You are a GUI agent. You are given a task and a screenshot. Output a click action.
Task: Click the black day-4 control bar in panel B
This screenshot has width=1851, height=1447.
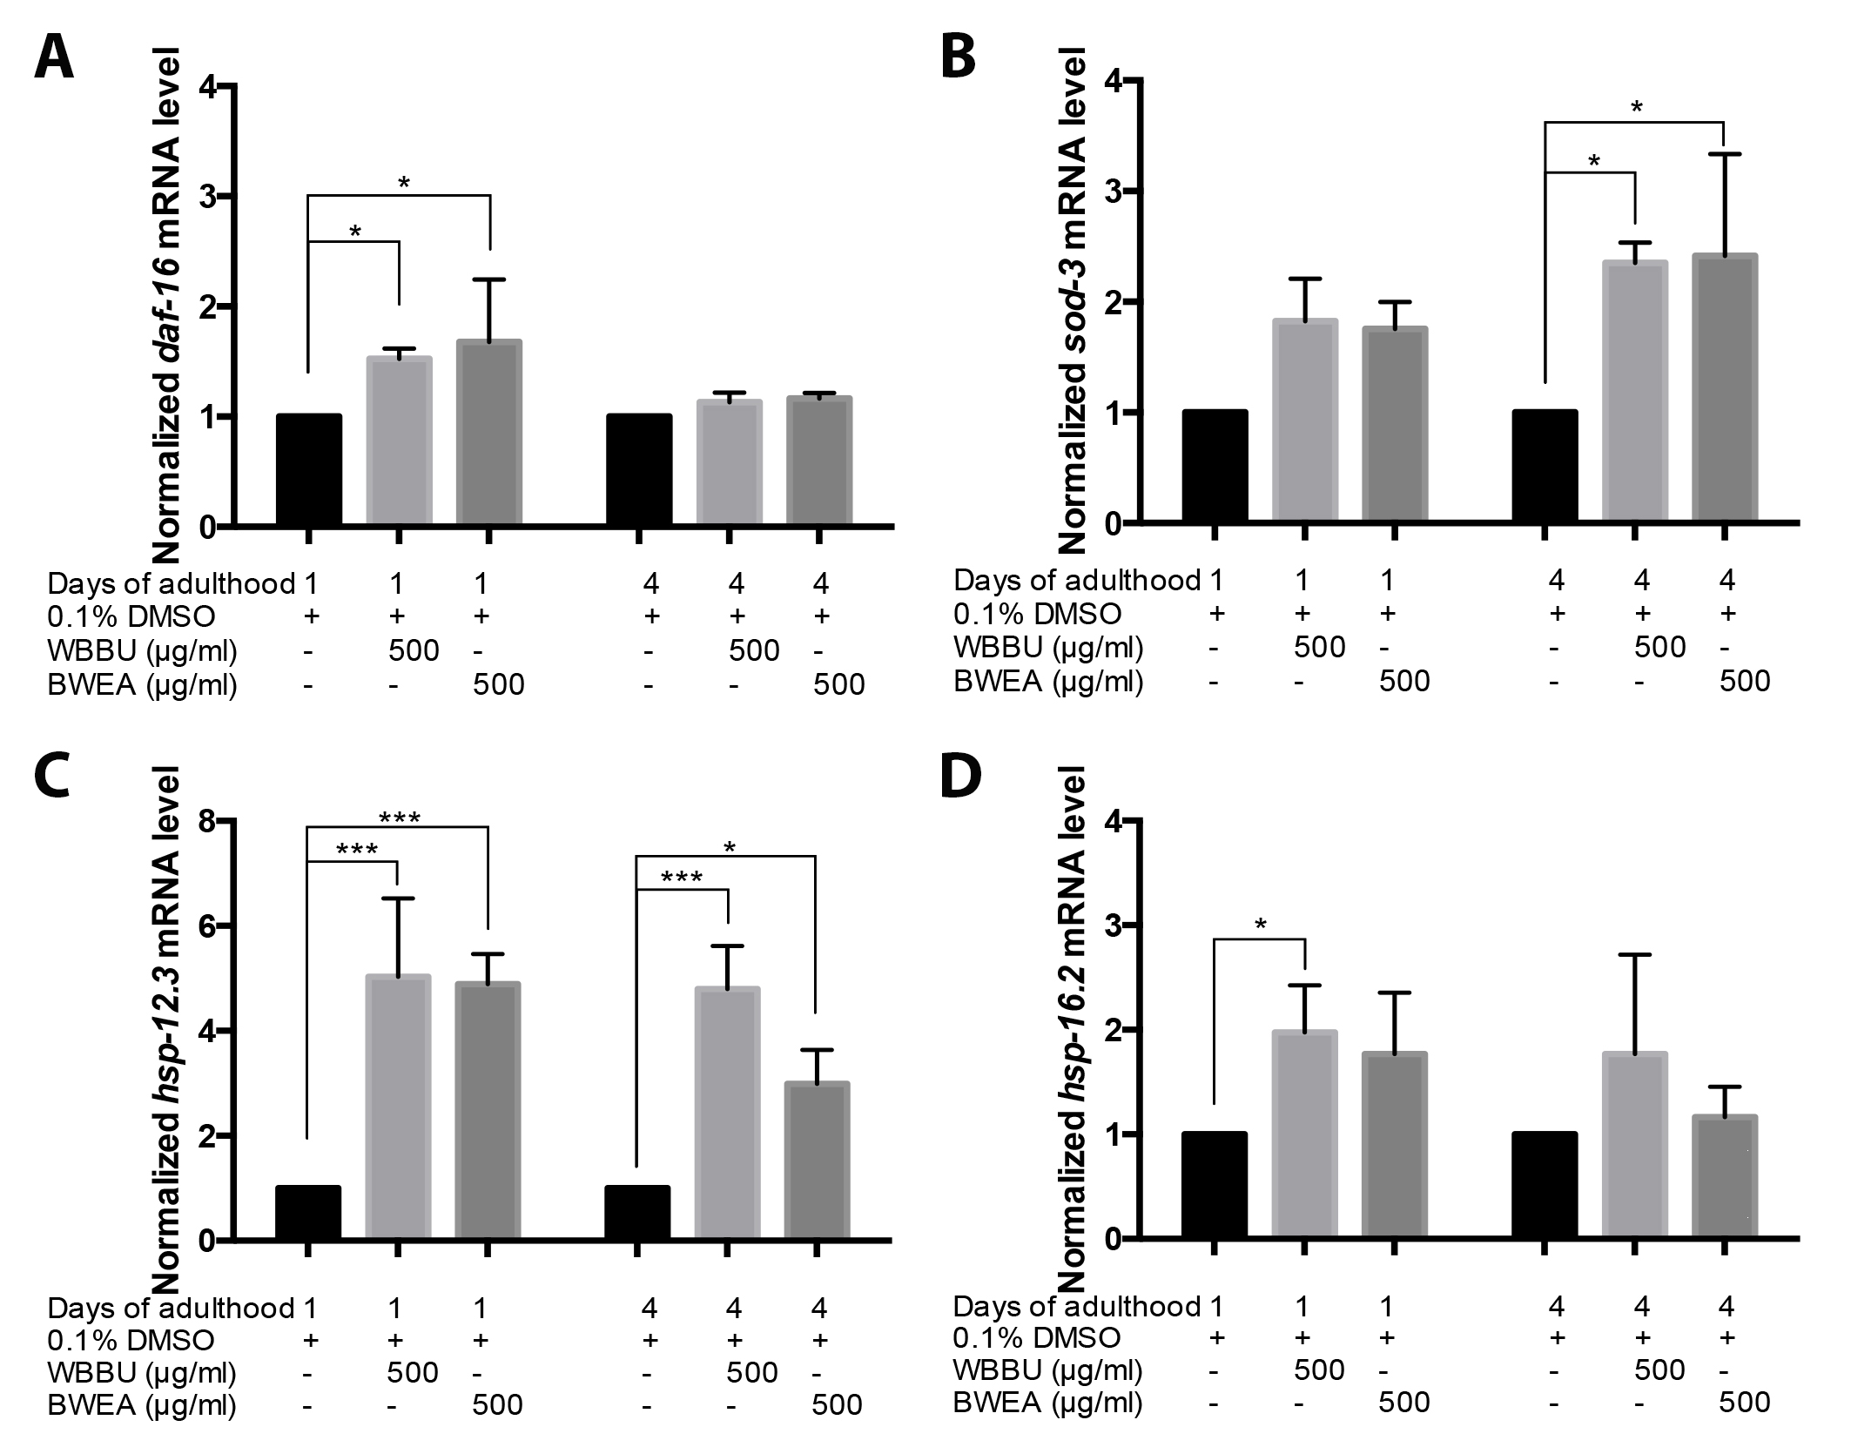(1545, 467)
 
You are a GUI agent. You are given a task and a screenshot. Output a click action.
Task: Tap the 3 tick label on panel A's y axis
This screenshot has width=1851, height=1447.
(207, 197)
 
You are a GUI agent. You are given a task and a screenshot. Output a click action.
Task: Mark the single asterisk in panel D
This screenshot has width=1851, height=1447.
(1260, 925)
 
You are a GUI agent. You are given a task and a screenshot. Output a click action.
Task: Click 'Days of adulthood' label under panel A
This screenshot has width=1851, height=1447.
(172, 583)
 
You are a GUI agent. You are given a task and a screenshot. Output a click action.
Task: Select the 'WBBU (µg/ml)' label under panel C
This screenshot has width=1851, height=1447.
(142, 1372)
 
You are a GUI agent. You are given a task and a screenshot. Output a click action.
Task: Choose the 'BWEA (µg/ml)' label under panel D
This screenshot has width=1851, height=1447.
(1047, 1403)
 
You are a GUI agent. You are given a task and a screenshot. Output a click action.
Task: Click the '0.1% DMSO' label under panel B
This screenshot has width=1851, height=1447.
(1037, 614)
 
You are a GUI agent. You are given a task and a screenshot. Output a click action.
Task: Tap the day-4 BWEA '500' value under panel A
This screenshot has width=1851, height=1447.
(838, 685)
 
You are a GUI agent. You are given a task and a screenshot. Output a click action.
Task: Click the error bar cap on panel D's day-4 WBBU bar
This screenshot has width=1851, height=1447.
(1636, 955)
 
